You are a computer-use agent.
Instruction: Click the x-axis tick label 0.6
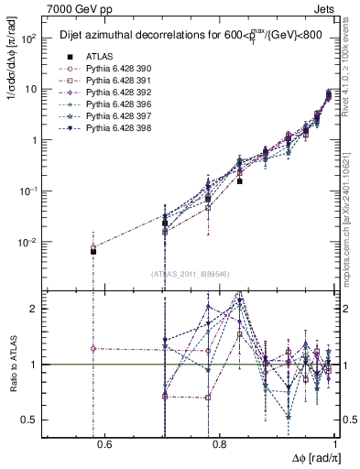pyautogui.click(x=104, y=446)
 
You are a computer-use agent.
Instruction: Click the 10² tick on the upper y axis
pyautogui.click(x=30, y=39)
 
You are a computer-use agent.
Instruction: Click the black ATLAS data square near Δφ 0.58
pyautogui.click(x=93, y=251)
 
